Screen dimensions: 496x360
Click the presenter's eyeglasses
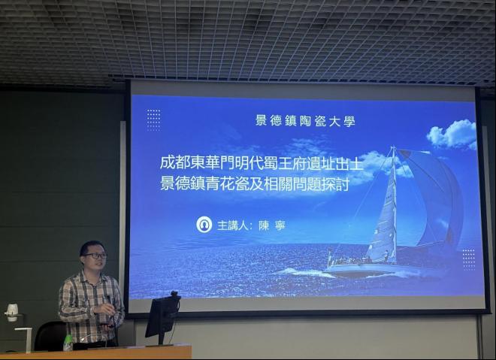(95, 256)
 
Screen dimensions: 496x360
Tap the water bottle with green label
(68, 343)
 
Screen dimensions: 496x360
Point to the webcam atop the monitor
(174, 295)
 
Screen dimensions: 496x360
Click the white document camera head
(12, 312)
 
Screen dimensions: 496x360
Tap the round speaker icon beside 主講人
(204, 225)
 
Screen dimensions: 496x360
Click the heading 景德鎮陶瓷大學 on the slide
(305, 120)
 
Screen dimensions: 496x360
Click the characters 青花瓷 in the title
(226, 184)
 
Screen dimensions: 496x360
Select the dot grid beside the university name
(154, 120)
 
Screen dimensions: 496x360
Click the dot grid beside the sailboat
(469, 259)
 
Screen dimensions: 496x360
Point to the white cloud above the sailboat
(452, 134)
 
